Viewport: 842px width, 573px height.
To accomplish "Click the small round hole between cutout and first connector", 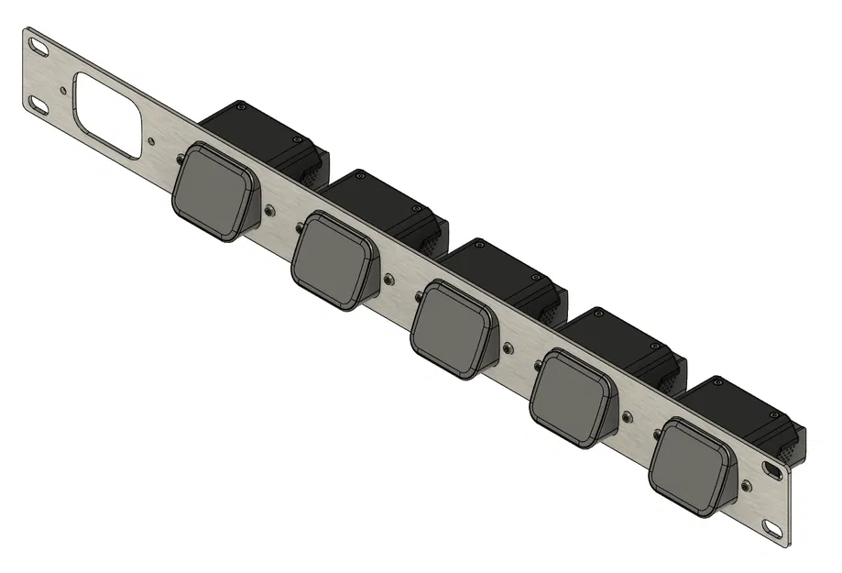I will [x=150, y=142].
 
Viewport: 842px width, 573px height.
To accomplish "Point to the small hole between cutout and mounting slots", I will [x=62, y=90].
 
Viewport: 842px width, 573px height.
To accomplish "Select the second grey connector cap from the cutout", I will [x=333, y=259].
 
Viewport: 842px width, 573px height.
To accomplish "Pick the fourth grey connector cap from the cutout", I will [x=573, y=400].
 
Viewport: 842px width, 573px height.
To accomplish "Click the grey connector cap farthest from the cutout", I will [x=692, y=466].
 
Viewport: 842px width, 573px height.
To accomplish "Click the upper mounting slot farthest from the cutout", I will [x=772, y=469].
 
